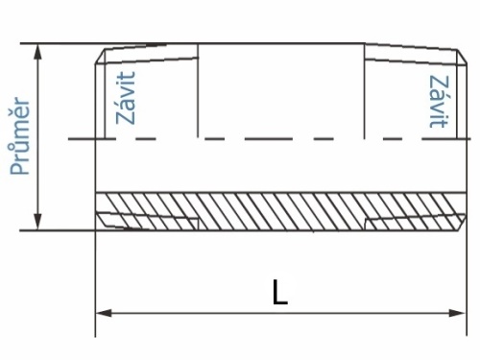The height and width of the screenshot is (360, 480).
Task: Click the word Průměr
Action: [20, 136]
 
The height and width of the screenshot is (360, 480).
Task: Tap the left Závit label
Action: [126, 98]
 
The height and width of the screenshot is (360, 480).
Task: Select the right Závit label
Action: [439, 102]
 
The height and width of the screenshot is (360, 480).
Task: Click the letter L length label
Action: [280, 292]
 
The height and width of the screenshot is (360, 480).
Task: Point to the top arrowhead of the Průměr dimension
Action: [38, 52]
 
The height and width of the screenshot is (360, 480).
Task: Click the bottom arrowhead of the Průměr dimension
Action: [38, 222]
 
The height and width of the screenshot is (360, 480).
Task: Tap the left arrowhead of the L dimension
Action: [104, 313]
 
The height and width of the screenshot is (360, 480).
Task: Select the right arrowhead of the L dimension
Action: [458, 313]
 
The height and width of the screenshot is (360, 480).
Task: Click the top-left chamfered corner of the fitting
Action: [100, 57]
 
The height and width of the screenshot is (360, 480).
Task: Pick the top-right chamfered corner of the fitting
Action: [462, 57]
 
